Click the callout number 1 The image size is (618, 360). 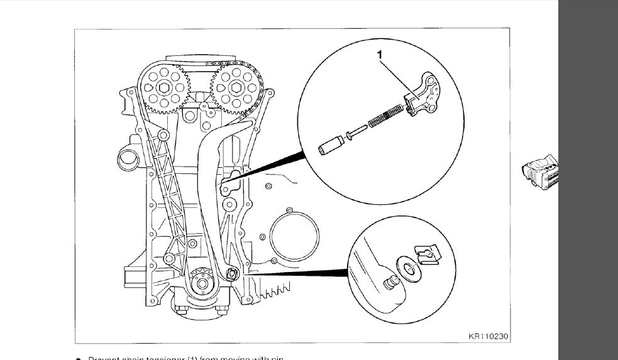[379, 55]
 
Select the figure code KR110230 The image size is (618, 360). [488, 337]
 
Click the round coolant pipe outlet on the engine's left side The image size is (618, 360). [130, 156]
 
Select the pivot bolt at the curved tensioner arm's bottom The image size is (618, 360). [231, 273]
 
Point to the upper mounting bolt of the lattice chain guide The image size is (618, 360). [163, 135]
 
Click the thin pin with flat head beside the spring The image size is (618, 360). [356, 134]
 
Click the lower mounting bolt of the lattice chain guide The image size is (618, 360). [168, 258]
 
